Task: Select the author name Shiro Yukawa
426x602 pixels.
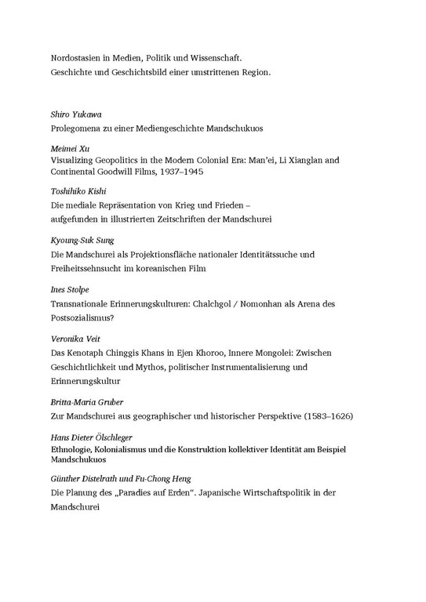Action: [76, 114]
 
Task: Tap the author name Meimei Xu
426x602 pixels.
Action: [68, 147]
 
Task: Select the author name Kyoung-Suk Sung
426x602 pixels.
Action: [83, 241]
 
